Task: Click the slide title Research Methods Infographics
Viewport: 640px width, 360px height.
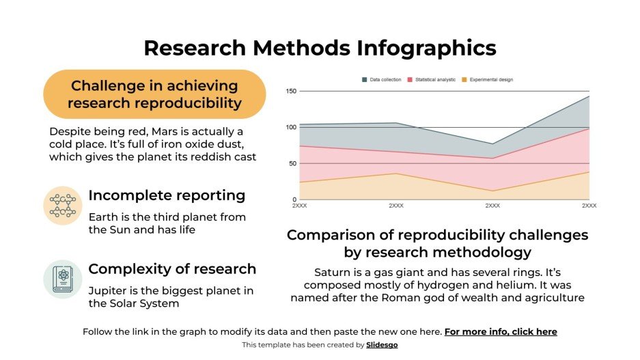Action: tap(320, 48)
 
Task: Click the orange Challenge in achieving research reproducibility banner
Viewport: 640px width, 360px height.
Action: tap(154, 94)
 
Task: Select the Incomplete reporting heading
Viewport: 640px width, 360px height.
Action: tap(167, 195)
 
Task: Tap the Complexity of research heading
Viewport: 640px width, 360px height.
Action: tap(172, 268)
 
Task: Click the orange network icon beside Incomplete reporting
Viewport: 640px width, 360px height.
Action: tap(63, 205)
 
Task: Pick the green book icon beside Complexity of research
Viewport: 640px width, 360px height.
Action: tap(63, 279)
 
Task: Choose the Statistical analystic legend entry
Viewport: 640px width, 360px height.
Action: tap(431, 80)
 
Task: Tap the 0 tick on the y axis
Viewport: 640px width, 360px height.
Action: tap(294, 199)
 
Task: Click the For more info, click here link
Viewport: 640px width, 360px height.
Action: tap(501, 332)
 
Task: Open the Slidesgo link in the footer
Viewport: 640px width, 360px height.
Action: tap(382, 345)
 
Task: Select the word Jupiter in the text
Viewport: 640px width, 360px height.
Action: tap(109, 291)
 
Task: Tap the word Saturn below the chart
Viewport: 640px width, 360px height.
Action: tap(332, 271)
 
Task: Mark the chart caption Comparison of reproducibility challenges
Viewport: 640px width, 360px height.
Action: tap(437, 235)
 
